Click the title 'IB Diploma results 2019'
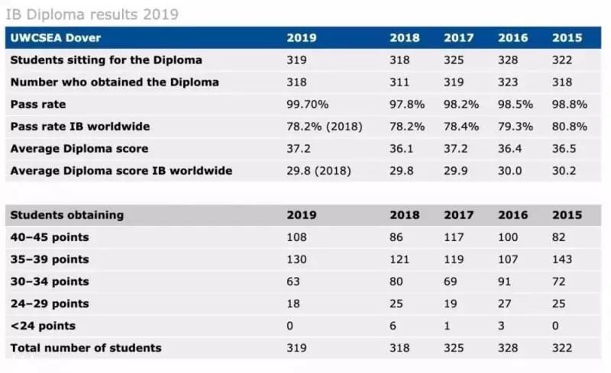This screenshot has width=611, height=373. (92, 14)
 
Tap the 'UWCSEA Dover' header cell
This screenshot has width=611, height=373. (56, 38)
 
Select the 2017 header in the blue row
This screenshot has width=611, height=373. (459, 38)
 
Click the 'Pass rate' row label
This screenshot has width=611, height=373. (38, 105)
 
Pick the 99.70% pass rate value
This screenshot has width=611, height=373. (308, 105)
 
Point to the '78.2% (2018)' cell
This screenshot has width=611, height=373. (325, 127)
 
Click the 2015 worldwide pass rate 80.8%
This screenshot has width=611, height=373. (569, 127)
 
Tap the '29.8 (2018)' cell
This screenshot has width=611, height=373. (318, 171)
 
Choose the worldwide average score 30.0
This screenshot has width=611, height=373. (509, 171)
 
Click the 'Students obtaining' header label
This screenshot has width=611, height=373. (67, 215)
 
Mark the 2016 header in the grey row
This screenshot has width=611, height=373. (512, 215)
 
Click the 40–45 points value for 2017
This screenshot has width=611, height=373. (454, 237)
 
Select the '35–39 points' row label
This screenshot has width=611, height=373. (50, 259)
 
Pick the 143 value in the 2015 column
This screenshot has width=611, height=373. (562, 259)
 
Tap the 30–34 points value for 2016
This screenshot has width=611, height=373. (504, 281)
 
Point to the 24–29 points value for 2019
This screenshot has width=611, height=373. (293, 304)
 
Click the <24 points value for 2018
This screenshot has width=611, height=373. (393, 326)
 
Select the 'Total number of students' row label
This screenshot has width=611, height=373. (86, 348)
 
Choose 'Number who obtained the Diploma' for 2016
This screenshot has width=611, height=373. (508, 82)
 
